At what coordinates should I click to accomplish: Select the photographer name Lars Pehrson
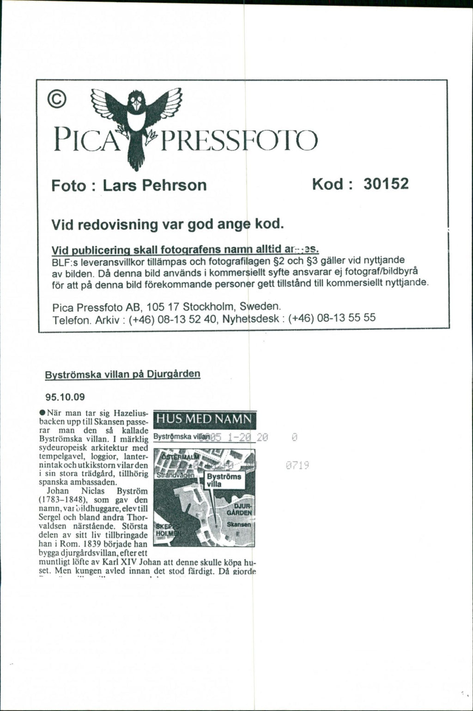click(155, 185)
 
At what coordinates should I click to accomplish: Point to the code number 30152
click(386, 184)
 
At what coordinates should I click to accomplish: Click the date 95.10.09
click(65, 397)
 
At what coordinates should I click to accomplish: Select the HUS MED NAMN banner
click(204, 420)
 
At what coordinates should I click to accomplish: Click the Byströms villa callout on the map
click(223, 480)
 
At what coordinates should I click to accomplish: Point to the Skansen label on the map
click(242, 525)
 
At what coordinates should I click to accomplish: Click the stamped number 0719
click(296, 466)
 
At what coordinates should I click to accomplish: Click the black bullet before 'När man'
click(42, 412)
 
